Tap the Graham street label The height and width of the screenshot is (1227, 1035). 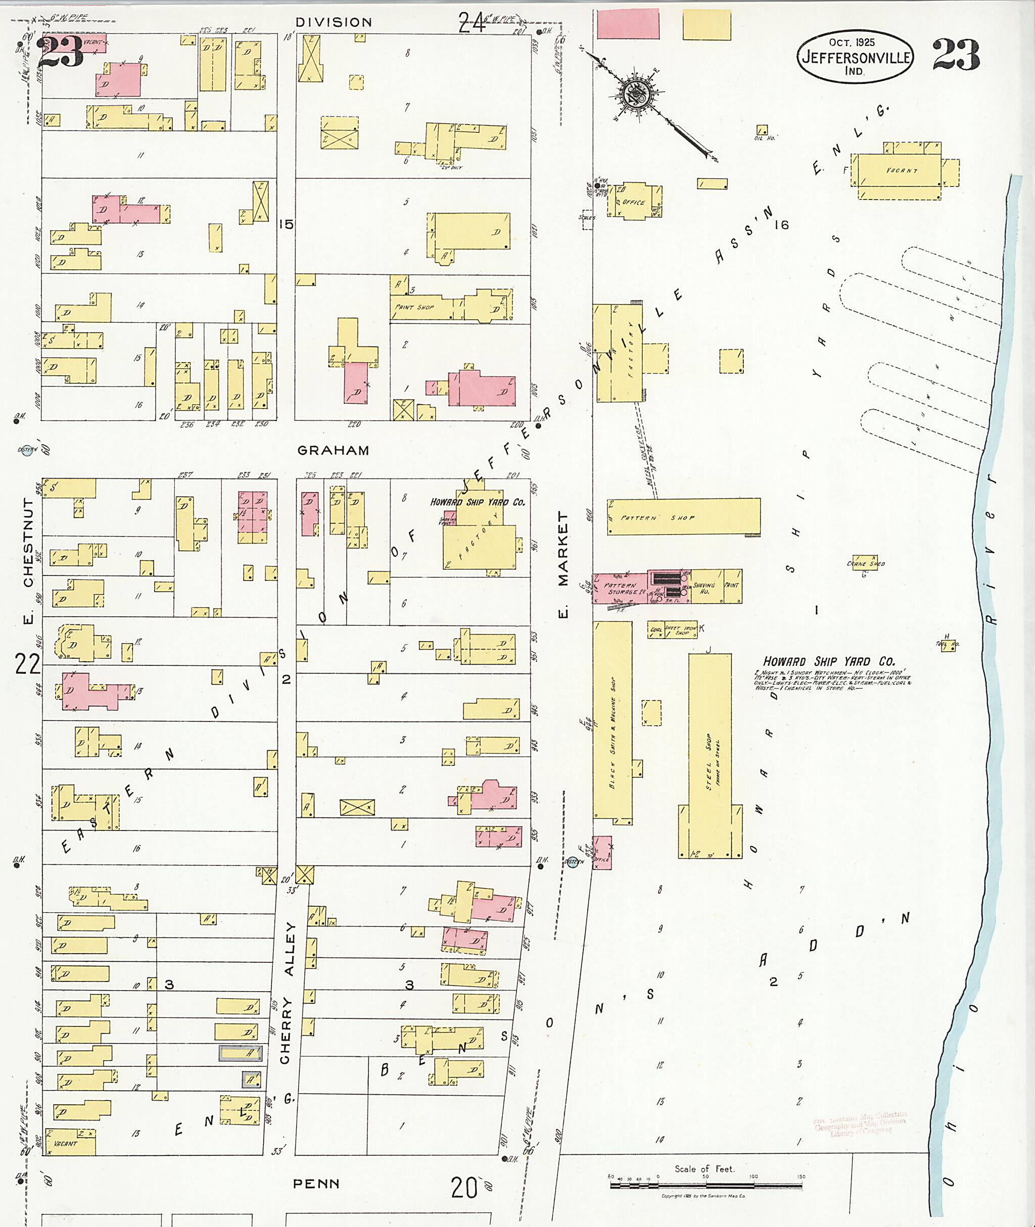(333, 451)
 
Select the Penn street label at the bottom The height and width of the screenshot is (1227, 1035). (316, 1184)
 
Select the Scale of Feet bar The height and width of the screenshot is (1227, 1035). (705, 1185)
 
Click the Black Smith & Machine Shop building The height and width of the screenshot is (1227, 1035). (612, 721)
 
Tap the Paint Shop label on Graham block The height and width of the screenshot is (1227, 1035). (415, 307)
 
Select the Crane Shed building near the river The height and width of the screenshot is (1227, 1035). (865, 564)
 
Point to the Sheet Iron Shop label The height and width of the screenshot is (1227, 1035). (681, 630)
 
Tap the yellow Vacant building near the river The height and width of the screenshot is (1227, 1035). (900, 171)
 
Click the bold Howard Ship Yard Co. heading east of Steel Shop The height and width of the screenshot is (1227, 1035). (828, 661)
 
